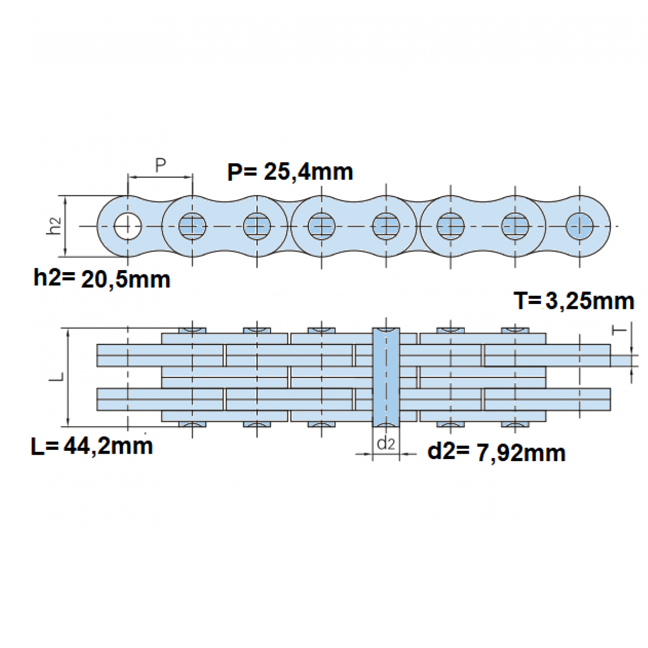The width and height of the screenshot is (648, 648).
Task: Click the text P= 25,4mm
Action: tap(290, 172)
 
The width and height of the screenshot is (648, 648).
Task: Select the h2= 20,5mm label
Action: tap(102, 279)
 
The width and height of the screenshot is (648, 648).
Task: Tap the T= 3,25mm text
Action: tap(574, 301)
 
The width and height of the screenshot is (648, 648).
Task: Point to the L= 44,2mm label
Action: tap(92, 446)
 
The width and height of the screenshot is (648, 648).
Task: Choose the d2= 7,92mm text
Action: tap(496, 453)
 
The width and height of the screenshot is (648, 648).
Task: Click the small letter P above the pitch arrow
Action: tap(161, 165)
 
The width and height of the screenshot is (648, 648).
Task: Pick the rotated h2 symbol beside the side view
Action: tap(54, 226)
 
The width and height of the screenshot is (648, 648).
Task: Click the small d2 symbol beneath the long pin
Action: tap(386, 444)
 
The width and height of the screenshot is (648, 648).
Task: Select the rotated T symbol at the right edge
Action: tap(619, 331)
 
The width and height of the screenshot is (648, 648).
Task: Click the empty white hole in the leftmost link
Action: tap(127, 226)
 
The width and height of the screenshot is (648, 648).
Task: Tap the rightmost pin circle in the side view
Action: tap(579, 226)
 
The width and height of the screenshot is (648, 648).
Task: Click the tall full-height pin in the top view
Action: tap(386, 377)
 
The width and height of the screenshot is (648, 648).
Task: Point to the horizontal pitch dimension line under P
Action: tap(160, 177)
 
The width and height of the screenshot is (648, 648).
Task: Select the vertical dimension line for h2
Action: tap(65, 226)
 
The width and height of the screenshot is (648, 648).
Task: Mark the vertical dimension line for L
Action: tap(68, 377)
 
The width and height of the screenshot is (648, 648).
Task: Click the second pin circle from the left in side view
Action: tap(192, 226)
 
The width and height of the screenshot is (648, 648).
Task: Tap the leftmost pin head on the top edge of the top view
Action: tap(192, 330)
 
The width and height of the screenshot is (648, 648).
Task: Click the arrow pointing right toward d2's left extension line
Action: tap(364, 454)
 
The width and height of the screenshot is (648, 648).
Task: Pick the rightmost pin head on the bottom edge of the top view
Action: tap(515, 424)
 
